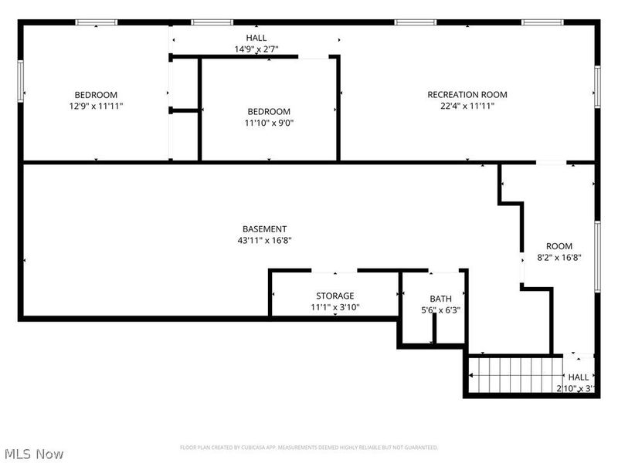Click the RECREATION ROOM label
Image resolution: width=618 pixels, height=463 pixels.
[x=467, y=95]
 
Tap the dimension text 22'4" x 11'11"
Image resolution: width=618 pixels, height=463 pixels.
[x=467, y=106]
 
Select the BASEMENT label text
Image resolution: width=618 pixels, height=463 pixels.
[x=264, y=229]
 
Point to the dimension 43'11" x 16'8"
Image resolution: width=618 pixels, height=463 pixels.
[x=264, y=241]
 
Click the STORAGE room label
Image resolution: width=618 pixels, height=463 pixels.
[x=334, y=296]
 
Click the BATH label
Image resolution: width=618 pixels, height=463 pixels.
[x=440, y=299]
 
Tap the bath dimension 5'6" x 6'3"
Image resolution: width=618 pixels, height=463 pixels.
[x=440, y=310]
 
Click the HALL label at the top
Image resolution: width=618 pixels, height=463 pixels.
[x=256, y=38]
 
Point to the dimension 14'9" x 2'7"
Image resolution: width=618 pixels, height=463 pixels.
[x=256, y=49]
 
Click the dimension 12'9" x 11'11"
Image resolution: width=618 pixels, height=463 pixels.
[x=96, y=106]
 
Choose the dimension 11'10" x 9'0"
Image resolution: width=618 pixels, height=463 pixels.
[x=270, y=123]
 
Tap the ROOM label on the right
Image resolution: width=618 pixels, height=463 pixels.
[x=559, y=246]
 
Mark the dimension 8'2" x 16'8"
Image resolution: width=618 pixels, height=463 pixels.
[x=559, y=258]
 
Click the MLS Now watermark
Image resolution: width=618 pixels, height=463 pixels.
[x=34, y=454]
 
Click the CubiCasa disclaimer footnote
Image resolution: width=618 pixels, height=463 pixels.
[x=309, y=448]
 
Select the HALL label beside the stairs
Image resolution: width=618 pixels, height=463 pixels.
[x=579, y=377]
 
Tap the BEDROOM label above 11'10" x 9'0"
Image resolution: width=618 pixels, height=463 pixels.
[x=269, y=111]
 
